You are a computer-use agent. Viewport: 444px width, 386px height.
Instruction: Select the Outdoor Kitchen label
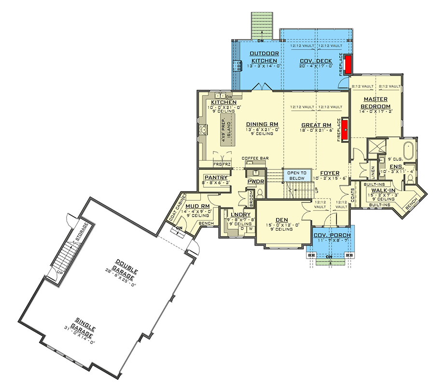click(x=264, y=56)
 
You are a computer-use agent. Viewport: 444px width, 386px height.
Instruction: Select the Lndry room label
click(x=240, y=215)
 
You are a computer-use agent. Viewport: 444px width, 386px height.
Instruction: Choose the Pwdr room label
click(x=254, y=181)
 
